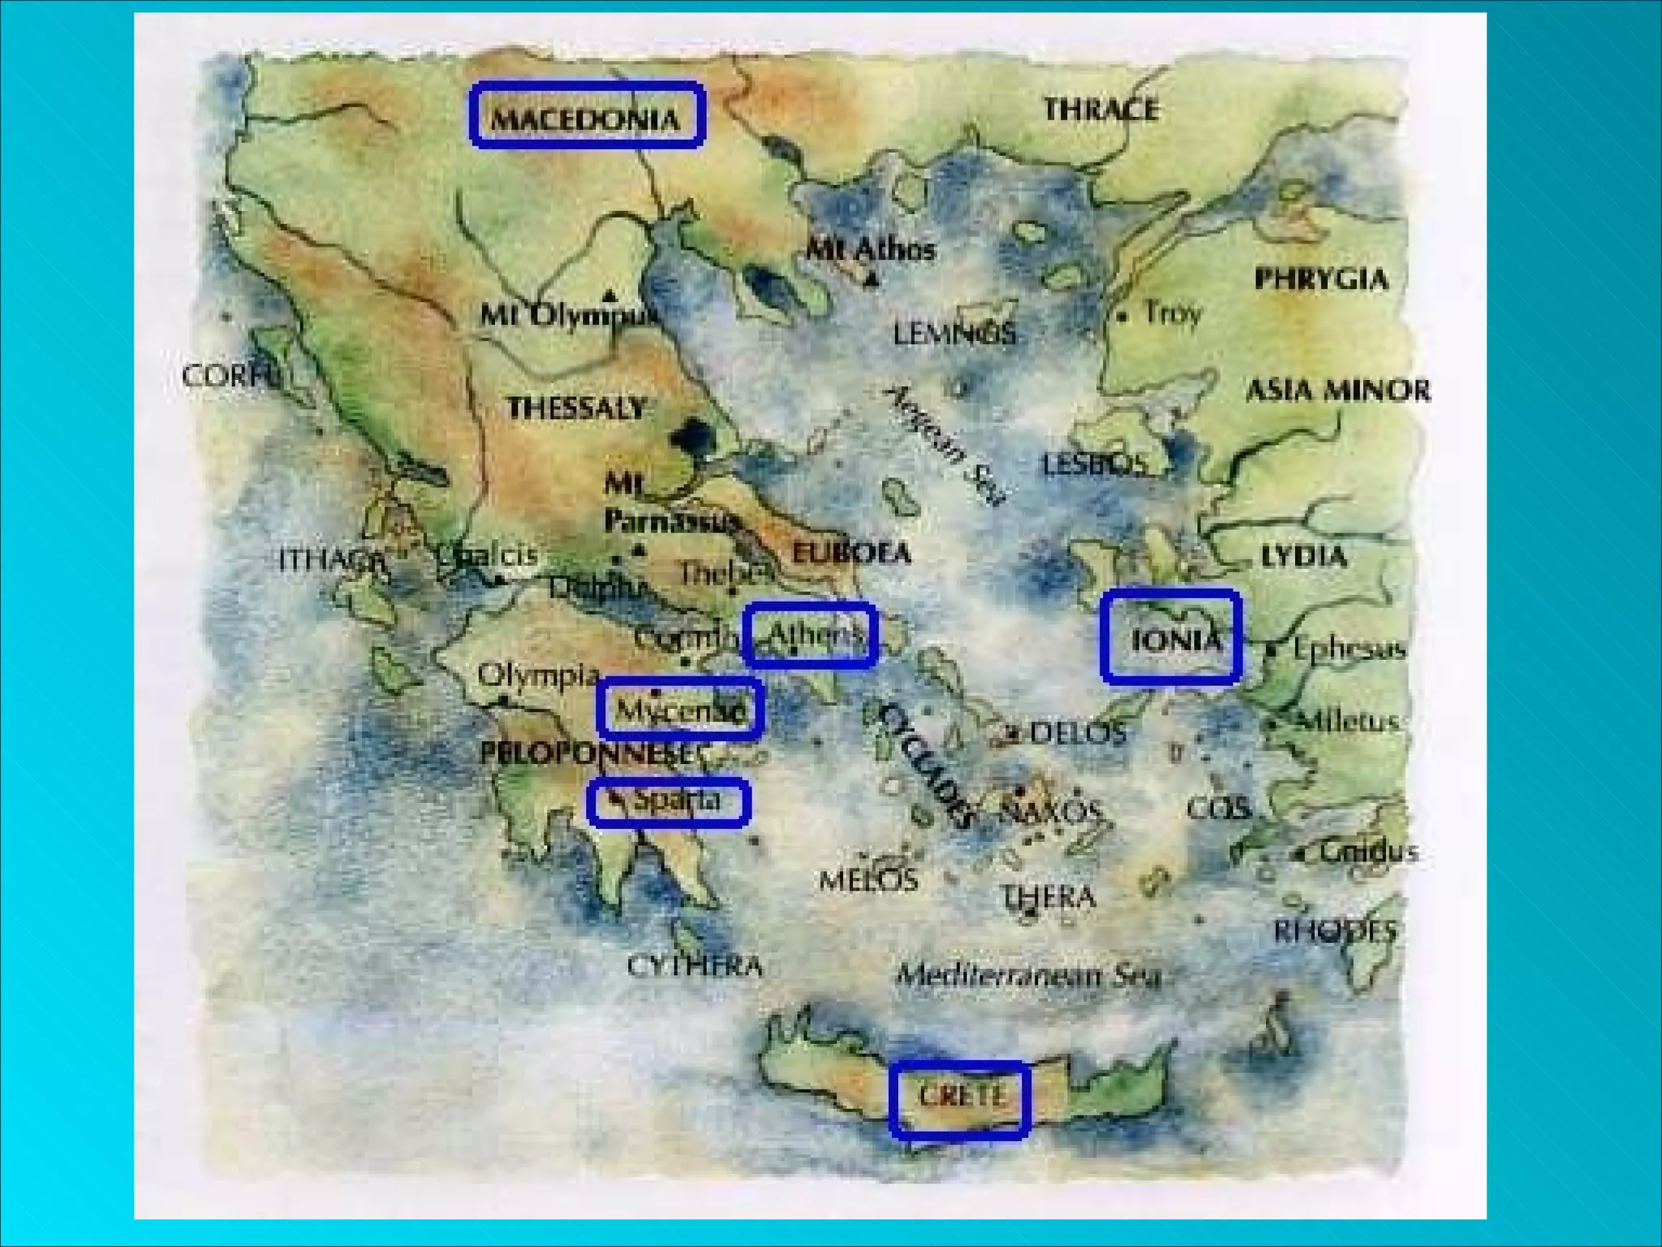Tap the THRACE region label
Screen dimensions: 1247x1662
point(1100,109)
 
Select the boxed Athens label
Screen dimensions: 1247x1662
point(810,636)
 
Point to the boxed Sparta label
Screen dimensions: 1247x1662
point(669,802)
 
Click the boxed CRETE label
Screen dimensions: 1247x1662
point(960,1098)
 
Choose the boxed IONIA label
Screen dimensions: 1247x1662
point(1171,637)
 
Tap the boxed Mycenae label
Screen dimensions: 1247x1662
point(680,709)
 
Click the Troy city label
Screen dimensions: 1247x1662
point(1172,313)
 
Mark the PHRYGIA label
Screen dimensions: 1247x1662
point(1321,279)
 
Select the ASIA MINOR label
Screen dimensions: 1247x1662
point(1337,390)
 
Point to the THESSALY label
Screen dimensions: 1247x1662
point(577,408)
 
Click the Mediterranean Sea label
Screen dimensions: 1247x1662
point(1029,974)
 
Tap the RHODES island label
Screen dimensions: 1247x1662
point(1335,930)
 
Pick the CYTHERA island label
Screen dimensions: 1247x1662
point(695,966)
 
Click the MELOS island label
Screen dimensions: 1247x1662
point(868,879)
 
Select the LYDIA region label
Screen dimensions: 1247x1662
point(1303,556)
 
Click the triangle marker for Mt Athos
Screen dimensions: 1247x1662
point(872,281)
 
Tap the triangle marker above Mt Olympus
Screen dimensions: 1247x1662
point(609,295)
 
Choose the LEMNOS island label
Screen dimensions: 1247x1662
point(954,333)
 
